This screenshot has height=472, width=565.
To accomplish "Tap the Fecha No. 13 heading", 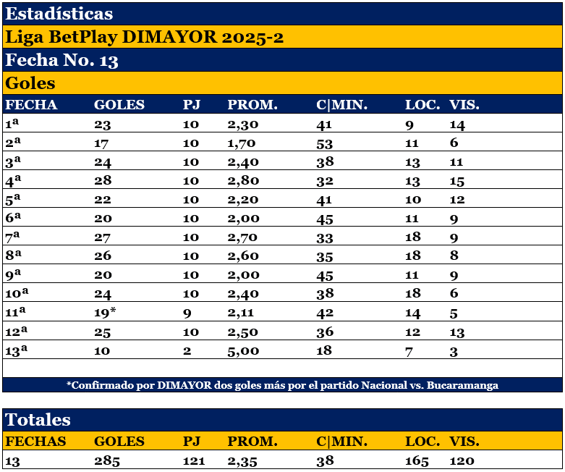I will [62, 60].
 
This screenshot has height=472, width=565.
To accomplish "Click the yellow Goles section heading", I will [30, 83].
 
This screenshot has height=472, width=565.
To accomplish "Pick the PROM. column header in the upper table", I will [252, 105].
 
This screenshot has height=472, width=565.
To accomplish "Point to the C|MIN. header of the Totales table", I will [342, 442].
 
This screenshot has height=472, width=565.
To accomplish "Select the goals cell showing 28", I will [103, 180].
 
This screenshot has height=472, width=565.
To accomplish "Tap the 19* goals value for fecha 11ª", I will [105, 312].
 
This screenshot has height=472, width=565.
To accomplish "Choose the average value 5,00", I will [243, 350].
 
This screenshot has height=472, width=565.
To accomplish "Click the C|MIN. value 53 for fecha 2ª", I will [325, 143].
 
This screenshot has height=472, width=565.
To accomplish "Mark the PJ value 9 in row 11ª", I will [187, 312].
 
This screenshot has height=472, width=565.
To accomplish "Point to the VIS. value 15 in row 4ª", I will [459, 180].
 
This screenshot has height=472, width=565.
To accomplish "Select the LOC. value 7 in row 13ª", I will [409, 350].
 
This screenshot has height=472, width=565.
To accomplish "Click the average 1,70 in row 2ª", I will [242, 143].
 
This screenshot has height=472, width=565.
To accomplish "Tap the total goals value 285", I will [107, 461].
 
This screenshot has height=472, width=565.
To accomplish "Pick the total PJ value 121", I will [194, 461].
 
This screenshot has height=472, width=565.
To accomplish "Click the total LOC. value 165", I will [417, 461].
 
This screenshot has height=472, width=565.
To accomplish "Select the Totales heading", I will [38, 420].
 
